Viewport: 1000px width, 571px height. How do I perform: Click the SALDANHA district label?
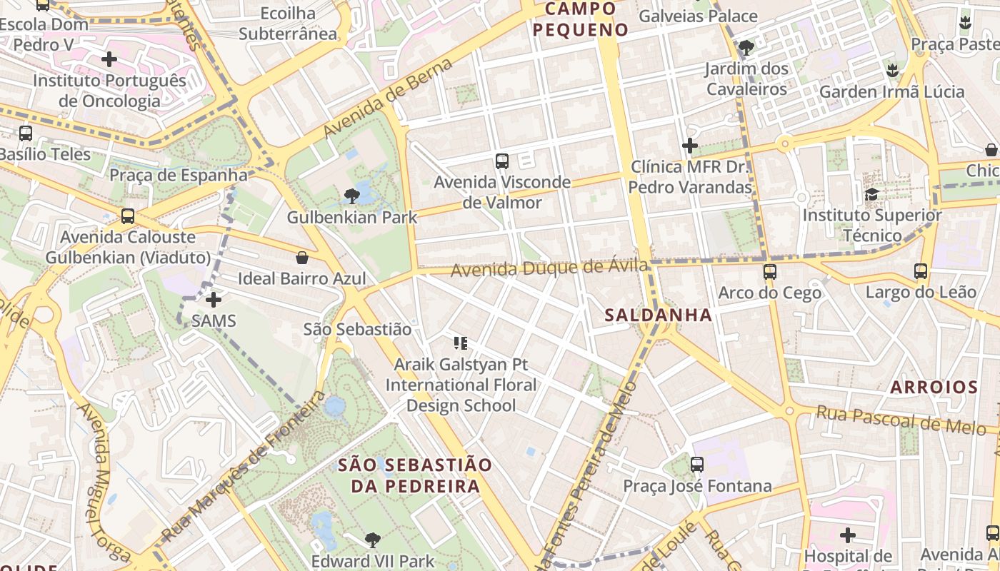point(658,315)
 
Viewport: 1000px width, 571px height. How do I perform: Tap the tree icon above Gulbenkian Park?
point(351,196)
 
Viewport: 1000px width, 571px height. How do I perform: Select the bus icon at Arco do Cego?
point(769,272)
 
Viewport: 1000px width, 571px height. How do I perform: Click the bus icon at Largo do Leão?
point(921,271)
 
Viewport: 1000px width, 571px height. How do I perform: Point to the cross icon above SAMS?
point(213,300)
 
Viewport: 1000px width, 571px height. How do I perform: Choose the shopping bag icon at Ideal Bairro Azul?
point(302,258)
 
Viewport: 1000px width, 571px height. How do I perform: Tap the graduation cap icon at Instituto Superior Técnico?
point(871,194)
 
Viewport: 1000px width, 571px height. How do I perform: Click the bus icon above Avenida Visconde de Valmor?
point(502,161)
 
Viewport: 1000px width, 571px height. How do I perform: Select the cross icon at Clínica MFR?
point(690,146)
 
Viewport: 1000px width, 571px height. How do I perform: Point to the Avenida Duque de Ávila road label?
point(549,268)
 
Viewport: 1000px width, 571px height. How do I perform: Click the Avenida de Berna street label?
point(388,98)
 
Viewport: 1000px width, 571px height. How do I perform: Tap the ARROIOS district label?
point(934,388)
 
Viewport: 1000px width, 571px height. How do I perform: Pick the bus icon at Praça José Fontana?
point(697,465)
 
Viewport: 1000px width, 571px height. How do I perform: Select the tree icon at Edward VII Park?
point(372,540)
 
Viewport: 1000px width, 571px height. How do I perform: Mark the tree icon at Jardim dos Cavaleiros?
point(746,49)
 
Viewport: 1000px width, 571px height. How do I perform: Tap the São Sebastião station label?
point(357,329)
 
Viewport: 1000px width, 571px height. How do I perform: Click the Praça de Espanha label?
point(179,175)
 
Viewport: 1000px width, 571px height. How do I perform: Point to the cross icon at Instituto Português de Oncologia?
point(109,59)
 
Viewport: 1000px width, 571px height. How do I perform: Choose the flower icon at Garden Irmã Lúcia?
point(891,71)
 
